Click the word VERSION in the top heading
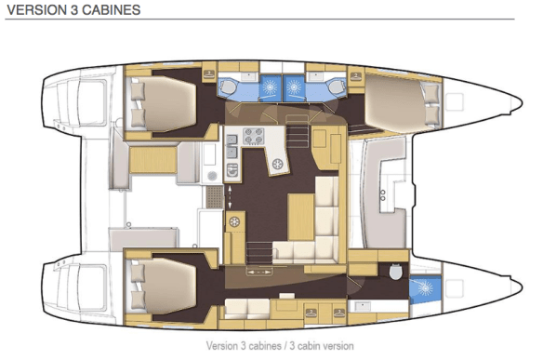(x=37, y=9)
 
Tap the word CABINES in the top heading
(x=112, y=9)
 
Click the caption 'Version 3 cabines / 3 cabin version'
(x=280, y=346)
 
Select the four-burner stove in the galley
(x=254, y=136)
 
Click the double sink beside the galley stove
(x=232, y=146)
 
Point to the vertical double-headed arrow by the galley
(x=230, y=197)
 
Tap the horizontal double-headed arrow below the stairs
(x=258, y=272)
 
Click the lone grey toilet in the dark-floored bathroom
(x=395, y=271)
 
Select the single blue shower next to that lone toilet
(x=425, y=287)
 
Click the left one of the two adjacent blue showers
(x=270, y=87)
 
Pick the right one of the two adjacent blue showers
(x=294, y=87)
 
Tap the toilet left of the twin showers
(x=228, y=86)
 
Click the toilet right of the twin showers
(x=336, y=86)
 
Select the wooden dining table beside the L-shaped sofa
(x=301, y=217)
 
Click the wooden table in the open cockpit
(x=153, y=159)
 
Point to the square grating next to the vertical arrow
(x=215, y=197)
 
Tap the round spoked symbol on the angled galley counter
(x=278, y=164)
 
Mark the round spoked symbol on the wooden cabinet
(x=235, y=221)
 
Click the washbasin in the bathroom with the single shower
(x=363, y=306)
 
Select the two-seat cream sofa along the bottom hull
(x=247, y=308)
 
